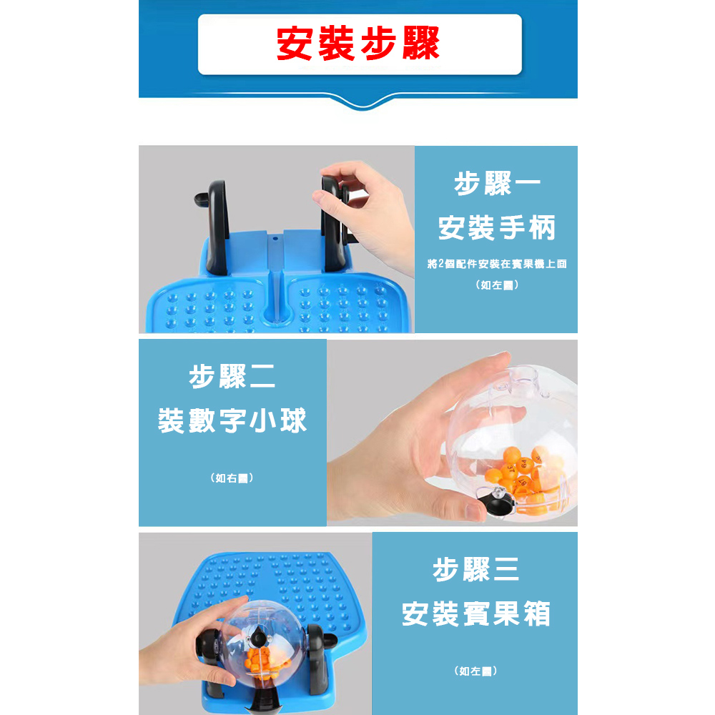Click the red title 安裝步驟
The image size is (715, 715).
click(358, 44)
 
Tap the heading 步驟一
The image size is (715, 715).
click(497, 184)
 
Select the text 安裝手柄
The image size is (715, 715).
click(497, 229)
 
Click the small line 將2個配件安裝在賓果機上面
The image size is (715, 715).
click(496, 265)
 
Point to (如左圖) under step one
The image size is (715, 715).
click(496, 285)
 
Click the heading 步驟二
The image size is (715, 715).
click(232, 377)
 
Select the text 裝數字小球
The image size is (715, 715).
click(232, 421)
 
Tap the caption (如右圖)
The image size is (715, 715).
click(232, 478)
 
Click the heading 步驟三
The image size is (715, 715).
click(475, 570)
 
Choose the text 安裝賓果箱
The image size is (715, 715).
click(475, 613)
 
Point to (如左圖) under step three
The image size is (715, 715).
click(475, 671)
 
